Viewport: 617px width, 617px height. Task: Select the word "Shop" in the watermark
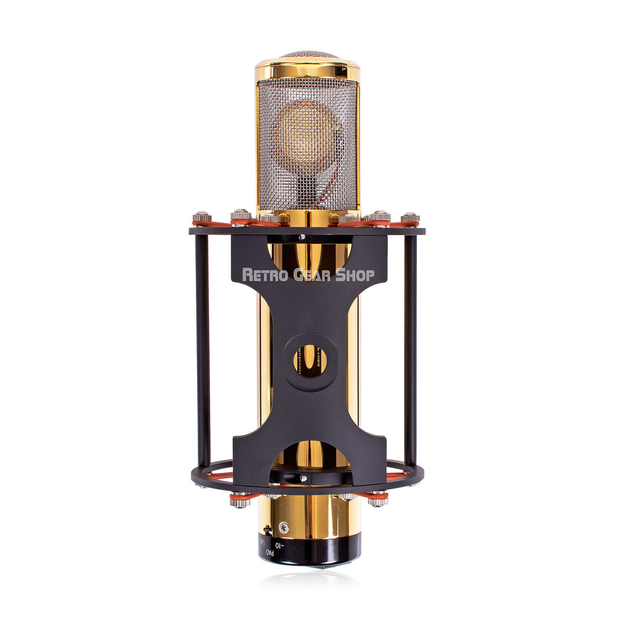click(355, 275)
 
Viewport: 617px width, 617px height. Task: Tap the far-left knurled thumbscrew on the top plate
click(201, 218)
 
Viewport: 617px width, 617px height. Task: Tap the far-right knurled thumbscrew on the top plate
click(410, 218)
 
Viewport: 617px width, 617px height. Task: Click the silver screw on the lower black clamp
click(304, 478)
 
